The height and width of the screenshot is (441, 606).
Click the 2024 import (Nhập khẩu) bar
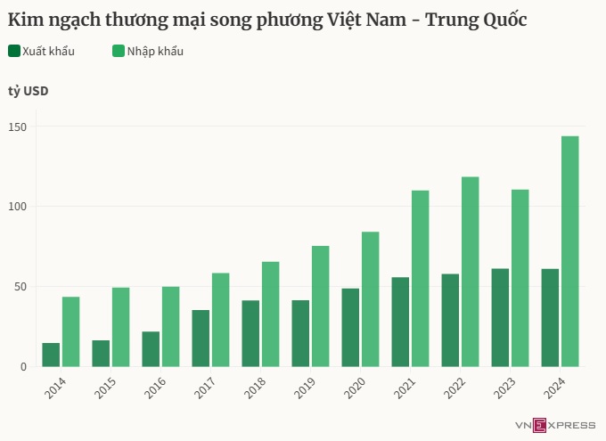click(569, 251)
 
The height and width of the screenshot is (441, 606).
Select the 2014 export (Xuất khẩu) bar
click(51, 355)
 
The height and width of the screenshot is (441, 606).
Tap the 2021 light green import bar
click(420, 278)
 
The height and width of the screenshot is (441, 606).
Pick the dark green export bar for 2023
click(500, 317)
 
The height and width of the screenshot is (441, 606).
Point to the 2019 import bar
click(320, 306)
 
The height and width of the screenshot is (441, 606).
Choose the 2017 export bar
click(201, 338)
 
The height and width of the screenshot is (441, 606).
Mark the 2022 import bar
click(470, 272)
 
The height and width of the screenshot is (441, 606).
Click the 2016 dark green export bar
click(151, 348)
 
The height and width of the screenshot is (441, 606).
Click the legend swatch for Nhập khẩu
click(119, 52)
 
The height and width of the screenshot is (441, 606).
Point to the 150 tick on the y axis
click(17, 127)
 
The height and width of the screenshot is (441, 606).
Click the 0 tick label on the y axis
click(23, 366)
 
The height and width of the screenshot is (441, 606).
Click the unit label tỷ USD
click(29, 92)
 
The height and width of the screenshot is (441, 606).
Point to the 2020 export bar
click(350, 327)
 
